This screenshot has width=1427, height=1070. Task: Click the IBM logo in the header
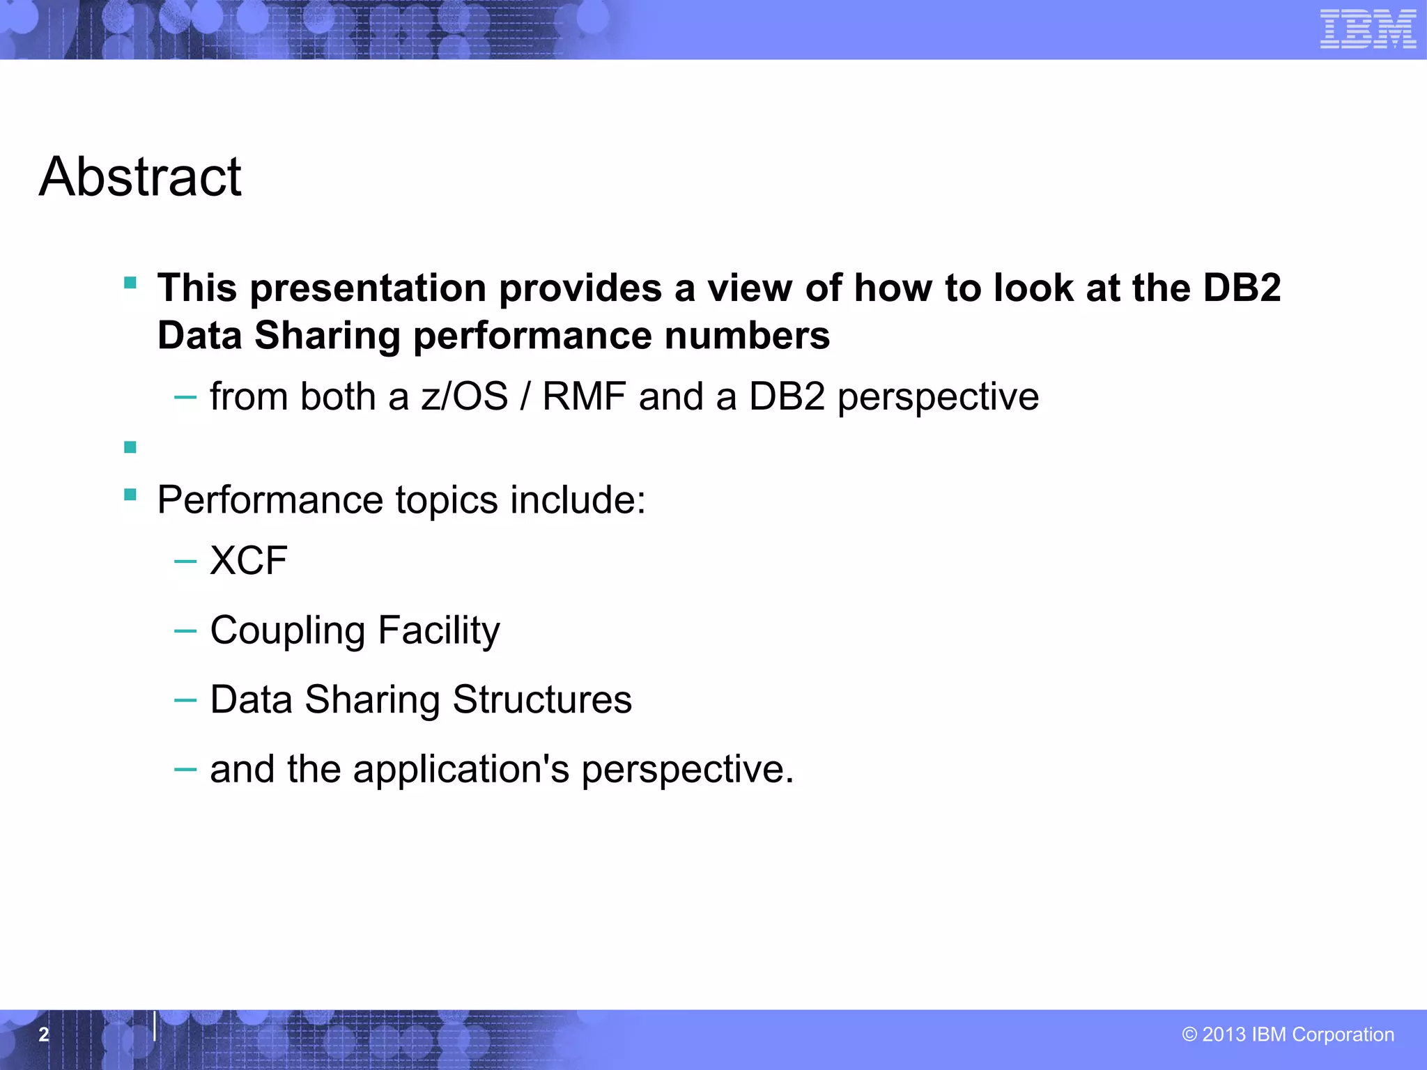(x=1368, y=29)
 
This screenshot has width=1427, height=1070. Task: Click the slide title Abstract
(x=140, y=177)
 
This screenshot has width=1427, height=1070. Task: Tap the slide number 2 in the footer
(x=44, y=1034)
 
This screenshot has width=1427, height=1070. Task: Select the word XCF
(x=249, y=561)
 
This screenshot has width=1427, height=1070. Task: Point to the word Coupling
(x=287, y=631)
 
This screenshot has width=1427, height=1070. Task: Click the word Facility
(x=438, y=630)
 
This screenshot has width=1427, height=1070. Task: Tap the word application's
(x=461, y=770)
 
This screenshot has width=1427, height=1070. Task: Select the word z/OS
(x=464, y=397)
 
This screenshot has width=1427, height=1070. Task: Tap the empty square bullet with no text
(x=130, y=447)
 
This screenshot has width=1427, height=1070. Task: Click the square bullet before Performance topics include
(x=130, y=495)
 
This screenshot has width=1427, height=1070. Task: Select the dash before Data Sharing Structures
(x=185, y=700)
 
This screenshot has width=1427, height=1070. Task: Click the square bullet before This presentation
(x=130, y=283)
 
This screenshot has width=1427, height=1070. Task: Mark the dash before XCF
(x=185, y=561)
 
